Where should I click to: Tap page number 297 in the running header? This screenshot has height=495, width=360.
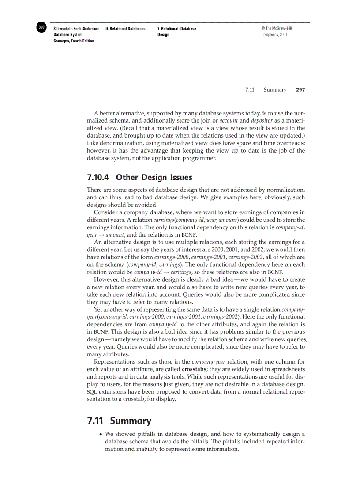pos(300,90)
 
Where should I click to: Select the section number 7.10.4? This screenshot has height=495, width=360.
pos(98,177)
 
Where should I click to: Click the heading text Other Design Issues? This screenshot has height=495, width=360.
pos(154,177)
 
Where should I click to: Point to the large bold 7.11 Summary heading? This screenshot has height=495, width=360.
pos(119,421)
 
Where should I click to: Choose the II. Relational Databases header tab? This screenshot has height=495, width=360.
pos(126,29)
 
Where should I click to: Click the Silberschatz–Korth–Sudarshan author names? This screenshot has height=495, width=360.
pos(76,29)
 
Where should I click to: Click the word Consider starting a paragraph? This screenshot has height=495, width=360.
pos(107,212)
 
